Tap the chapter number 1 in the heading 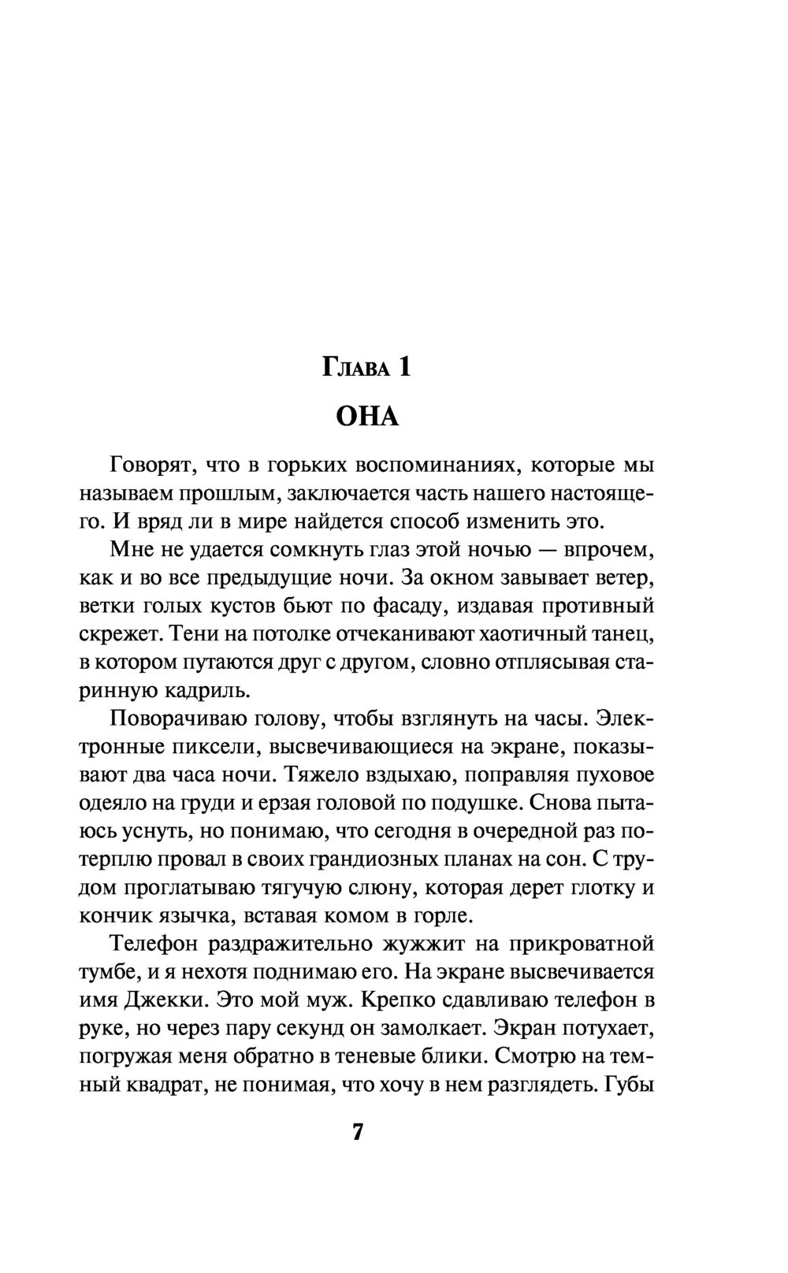[x=403, y=366]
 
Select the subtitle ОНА [x=368, y=416]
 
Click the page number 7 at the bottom [x=358, y=1132]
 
